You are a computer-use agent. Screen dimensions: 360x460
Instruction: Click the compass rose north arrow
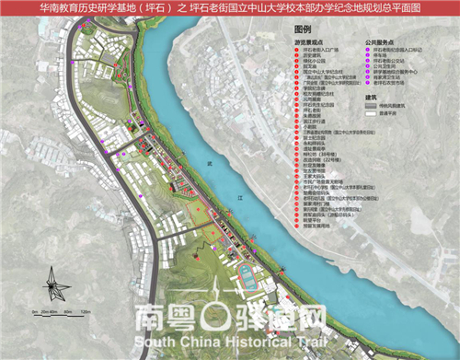pyautogui.click(x=52, y=284)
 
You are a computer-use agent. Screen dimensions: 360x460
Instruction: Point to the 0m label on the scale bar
pyautogui.click(x=33, y=313)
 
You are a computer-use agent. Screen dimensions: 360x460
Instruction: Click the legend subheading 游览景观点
pyautogui.click(x=308, y=42)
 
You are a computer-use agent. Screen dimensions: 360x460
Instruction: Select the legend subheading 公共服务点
pyautogui.click(x=379, y=42)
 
